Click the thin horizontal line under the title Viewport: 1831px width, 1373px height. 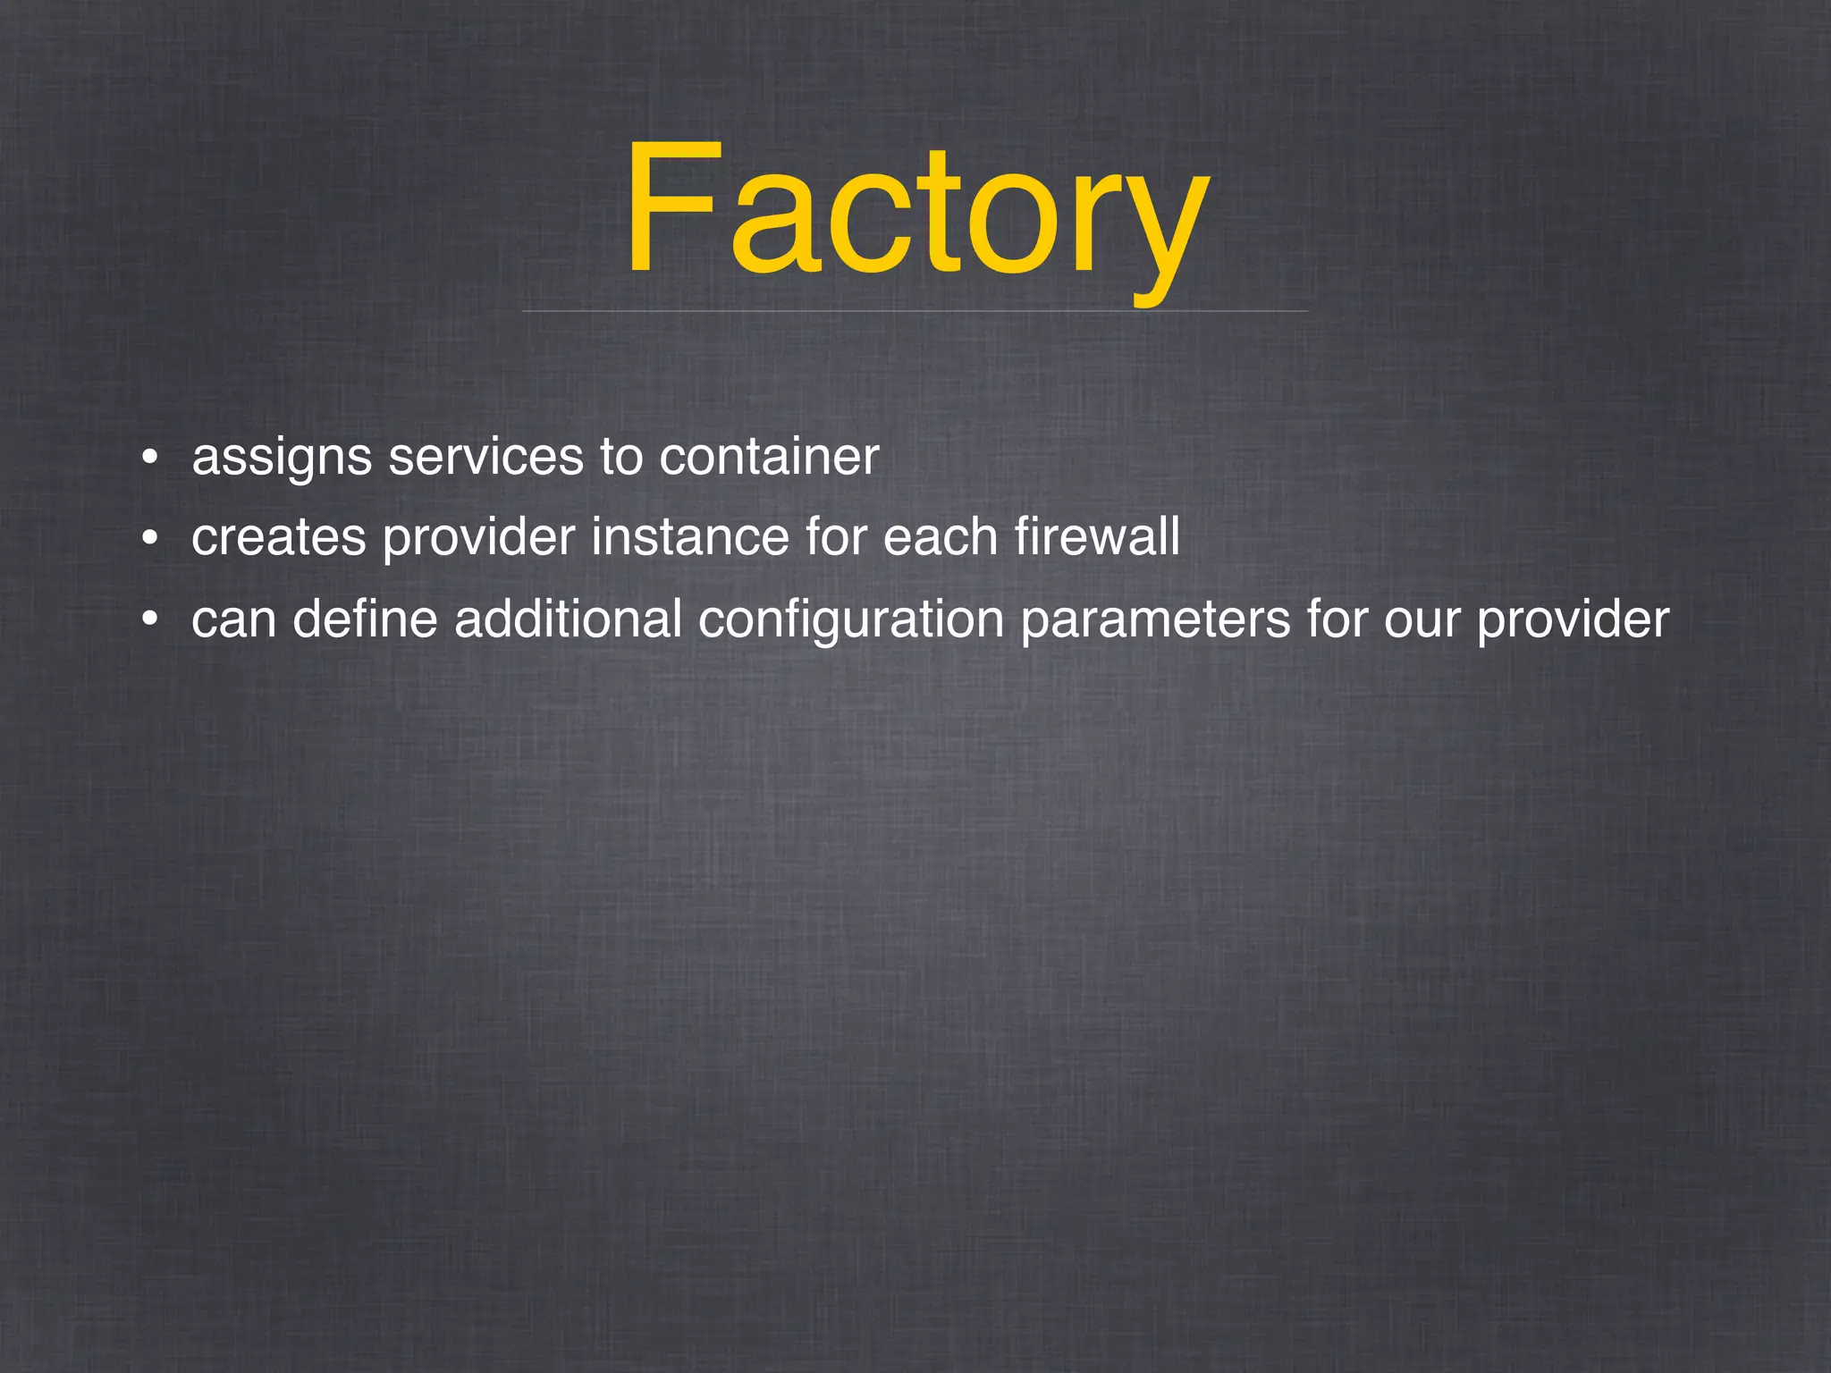click(915, 311)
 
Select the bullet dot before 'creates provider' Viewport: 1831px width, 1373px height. click(149, 539)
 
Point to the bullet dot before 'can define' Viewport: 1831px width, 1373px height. click(149, 619)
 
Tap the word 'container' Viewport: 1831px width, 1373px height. click(769, 457)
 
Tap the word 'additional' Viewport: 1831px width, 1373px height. click(568, 619)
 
